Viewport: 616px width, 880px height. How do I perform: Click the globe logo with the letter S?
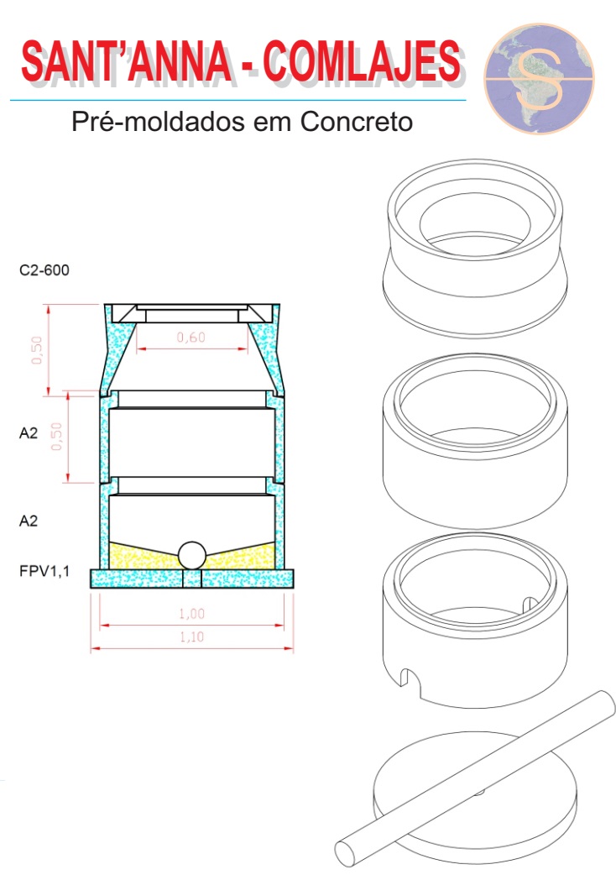click(x=539, y=79)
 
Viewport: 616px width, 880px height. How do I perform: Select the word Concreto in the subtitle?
click(x=356, y=121)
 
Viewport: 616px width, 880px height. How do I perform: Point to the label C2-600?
click(x=44, y=270)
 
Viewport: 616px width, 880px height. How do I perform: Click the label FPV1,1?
click(x=44, y=571)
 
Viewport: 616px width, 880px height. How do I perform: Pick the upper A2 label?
click(x=29, y=432)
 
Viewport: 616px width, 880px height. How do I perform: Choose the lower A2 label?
click(x=29, y=521)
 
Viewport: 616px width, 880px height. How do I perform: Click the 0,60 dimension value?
click(x=191, y=338)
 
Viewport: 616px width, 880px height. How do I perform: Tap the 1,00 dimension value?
click(x=192, y=614)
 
